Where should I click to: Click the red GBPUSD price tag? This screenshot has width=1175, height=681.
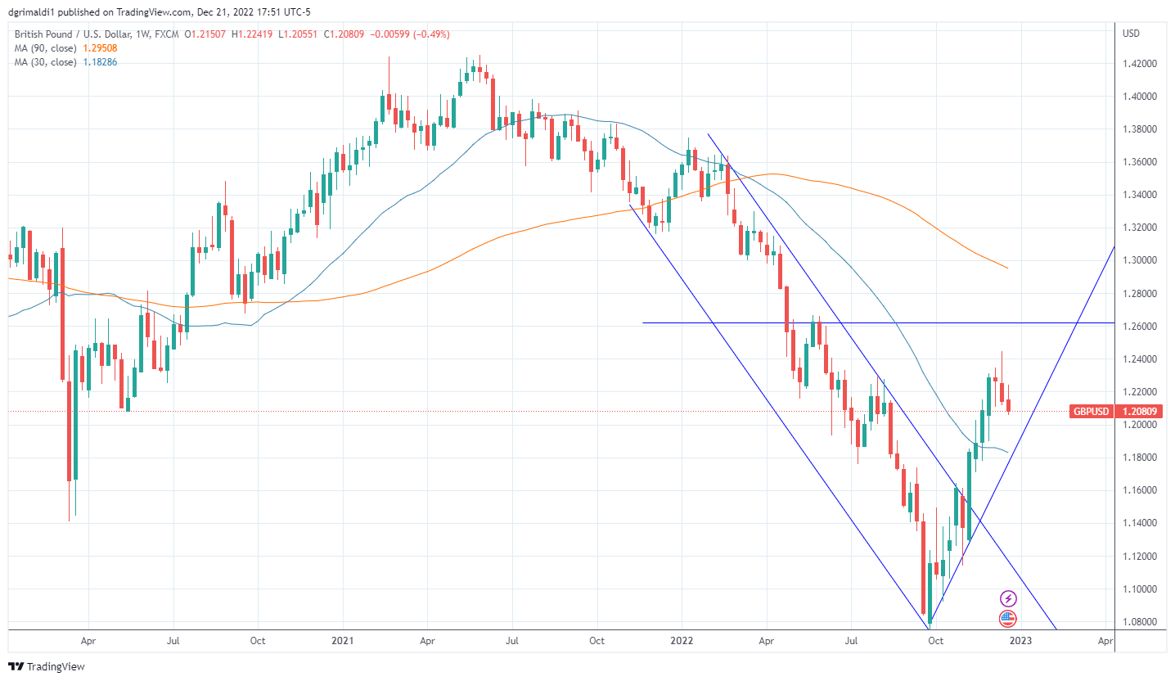pos(1090,412)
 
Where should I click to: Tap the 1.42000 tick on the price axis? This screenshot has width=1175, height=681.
pos(1141,64)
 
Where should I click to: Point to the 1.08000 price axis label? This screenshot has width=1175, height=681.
pos(1141,622)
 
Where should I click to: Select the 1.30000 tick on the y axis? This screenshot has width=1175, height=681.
pos(1141,260)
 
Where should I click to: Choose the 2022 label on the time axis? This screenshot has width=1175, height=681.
pos(682,642)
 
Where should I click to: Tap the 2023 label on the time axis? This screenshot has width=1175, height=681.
pos(1020,642)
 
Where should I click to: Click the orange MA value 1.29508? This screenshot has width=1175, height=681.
pos(100,48)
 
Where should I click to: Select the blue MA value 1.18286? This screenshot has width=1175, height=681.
pos(100,62)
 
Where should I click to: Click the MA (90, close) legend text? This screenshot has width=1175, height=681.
pos(46,48)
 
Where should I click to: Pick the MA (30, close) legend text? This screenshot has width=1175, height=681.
pos(46,62)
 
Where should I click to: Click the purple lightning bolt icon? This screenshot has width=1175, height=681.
pos(1008,599)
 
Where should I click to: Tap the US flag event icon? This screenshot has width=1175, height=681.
pos(1008,619)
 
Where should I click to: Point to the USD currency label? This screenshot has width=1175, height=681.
pos(1132,34)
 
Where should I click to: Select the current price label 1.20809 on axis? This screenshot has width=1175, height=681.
pos(1139,412)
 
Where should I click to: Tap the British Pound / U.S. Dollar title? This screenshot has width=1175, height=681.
pos(65,34)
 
